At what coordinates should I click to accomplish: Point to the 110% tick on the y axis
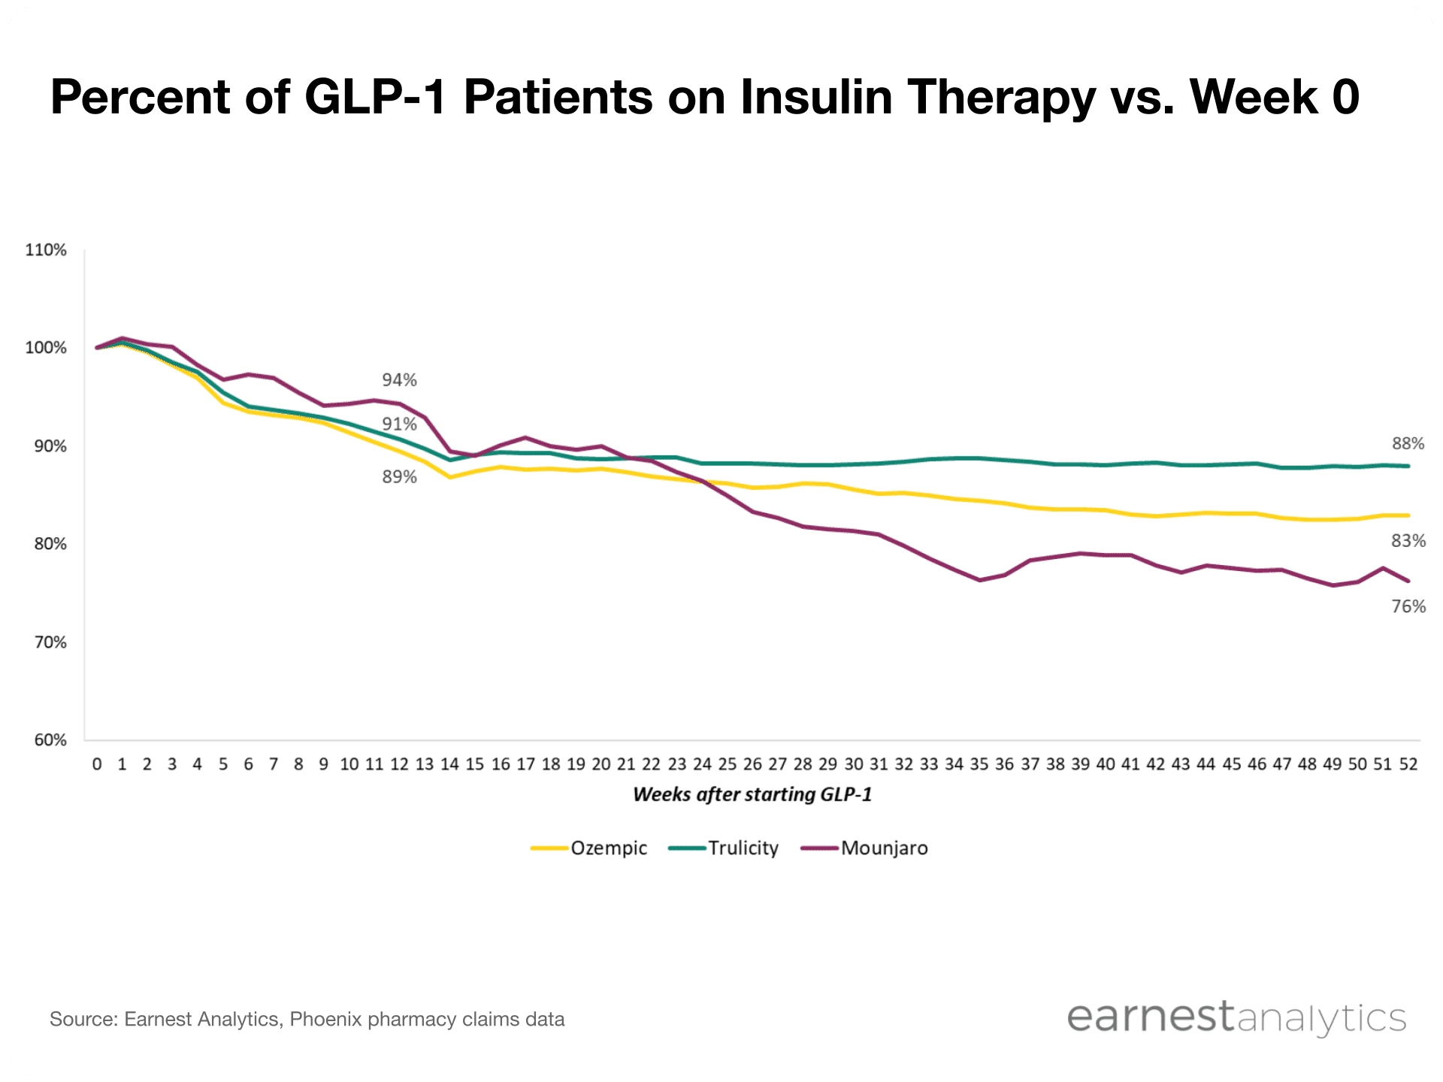click(x=46, y=250)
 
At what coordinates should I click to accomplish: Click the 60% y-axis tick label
click(x=50, y=740)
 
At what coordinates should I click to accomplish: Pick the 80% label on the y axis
click(x=50, y=544)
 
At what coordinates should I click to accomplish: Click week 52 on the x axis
click(x=1408, y=764)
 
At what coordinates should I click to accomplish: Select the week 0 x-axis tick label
click(x=97, y=764)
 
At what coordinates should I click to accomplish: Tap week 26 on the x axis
click(x=752, y=764)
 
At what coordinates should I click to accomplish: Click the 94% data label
click(x=399, y=380)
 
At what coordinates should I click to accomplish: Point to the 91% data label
click(x=399, y=425)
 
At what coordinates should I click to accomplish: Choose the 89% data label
click(x=399, y=477)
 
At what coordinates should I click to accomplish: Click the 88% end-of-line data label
click(x=1408, y=444)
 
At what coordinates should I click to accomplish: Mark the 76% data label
click(x=1408, y=606)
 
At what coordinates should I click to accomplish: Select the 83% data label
click(x=1408, y=541)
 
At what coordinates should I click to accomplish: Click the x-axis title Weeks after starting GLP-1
click(x=752, y=795)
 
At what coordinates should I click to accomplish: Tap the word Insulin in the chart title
click(x=816, y=97)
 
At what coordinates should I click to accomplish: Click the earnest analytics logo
click(x=1236, y=1017)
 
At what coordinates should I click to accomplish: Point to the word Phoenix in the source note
click(x=325, y=1020)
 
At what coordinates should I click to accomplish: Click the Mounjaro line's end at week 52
click(x=1408, y=581)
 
